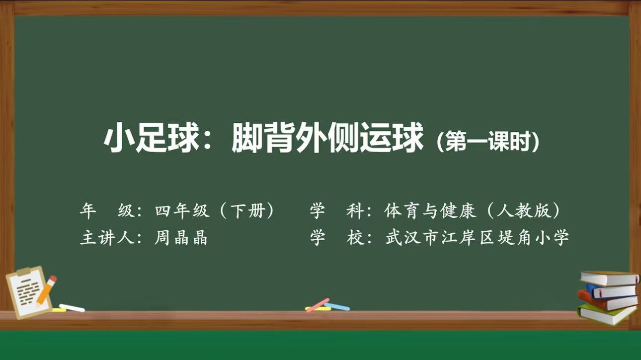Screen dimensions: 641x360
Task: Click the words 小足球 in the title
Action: (151, 138)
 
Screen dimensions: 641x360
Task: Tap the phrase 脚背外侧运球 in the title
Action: (327, 137)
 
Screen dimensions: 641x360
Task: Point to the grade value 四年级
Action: (182, 211)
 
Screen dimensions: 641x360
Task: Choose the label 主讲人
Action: (107, 237)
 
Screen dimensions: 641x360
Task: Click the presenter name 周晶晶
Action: (181, 237)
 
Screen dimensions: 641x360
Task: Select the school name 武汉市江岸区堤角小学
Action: (477, 237)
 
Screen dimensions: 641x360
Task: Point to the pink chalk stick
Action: (318, 305)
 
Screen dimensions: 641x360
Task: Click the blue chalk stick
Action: (337, 306)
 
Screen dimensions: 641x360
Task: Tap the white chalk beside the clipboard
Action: (72, 308)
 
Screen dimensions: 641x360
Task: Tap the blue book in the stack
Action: (612, 291)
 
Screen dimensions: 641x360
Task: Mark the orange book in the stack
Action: (607, 302)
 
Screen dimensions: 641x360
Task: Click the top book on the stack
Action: (610, 278)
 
